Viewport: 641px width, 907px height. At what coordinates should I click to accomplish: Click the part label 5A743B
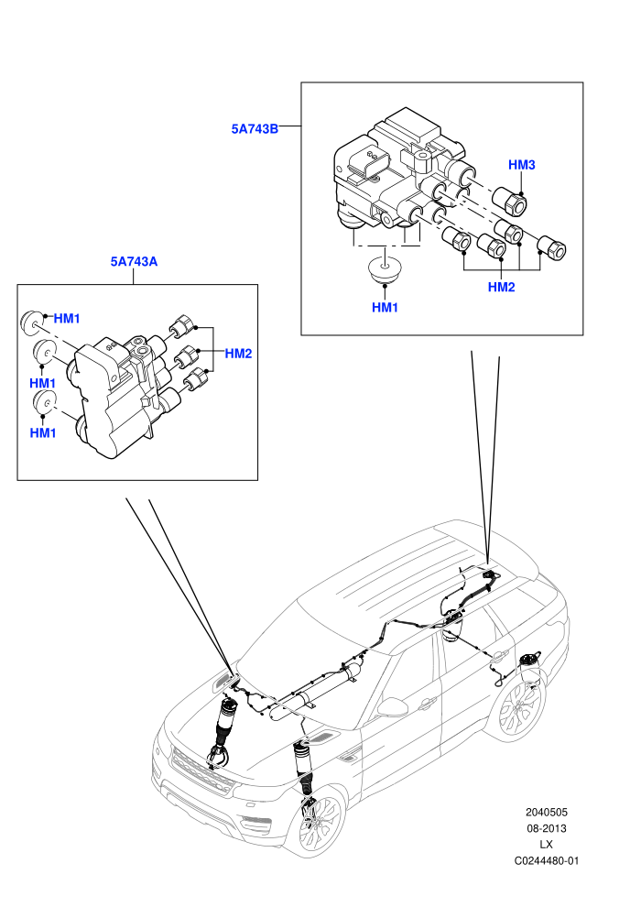point(255,128)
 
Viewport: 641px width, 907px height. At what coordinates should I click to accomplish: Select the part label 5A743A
point(134,261)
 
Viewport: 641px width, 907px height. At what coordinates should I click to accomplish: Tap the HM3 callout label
point(521,165)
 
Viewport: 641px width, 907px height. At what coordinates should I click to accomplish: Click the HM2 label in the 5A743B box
point(501,287)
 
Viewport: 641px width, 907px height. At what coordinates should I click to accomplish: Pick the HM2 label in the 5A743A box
point(238,354)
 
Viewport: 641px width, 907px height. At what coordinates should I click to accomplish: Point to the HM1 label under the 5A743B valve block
point(385,308)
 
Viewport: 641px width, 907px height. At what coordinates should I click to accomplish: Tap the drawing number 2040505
point(546,812)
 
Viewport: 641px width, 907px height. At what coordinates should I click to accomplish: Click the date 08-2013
point(546,828)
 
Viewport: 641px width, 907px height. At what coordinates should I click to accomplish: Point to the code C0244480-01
point(546,860)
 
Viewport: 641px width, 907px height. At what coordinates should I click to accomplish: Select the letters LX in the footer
point(546,845)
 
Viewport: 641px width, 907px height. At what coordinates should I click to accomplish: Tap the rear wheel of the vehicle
point(519,708)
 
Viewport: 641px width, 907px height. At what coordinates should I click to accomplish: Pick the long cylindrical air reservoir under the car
point(315,692)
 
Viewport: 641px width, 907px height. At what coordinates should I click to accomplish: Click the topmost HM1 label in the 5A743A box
point(67,319)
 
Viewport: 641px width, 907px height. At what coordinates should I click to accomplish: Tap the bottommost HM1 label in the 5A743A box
point(43,433)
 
